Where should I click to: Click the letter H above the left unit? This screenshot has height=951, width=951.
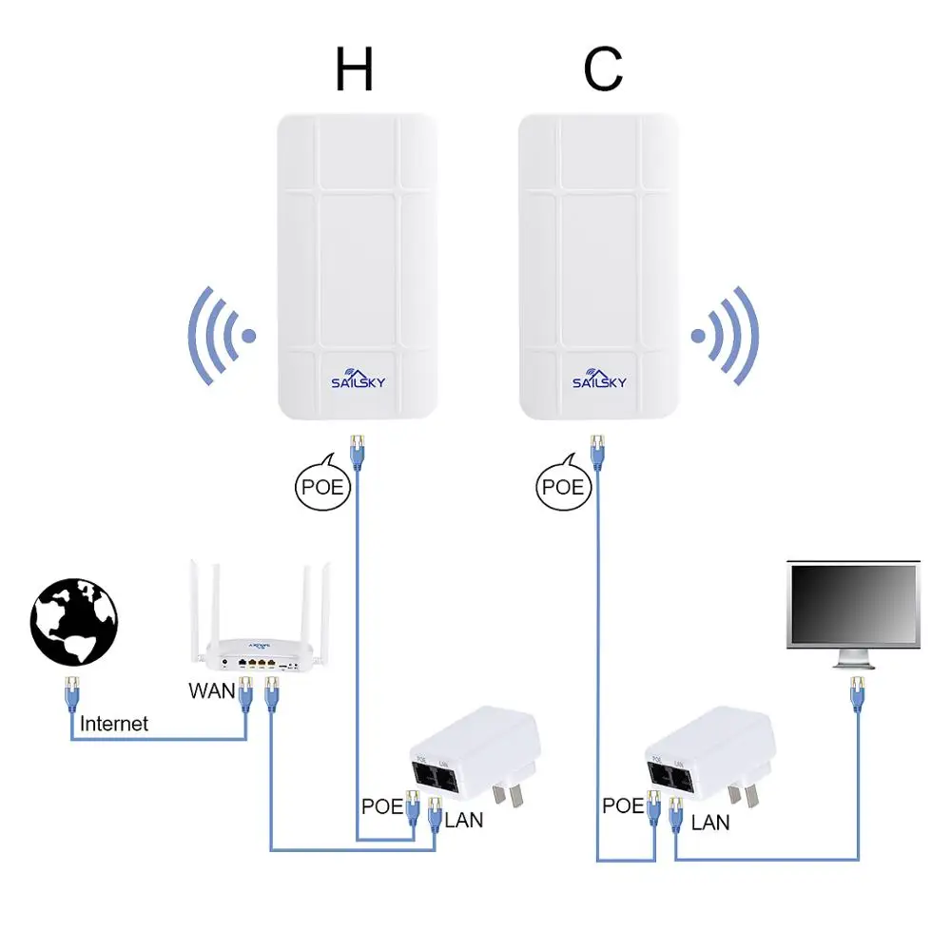(x=354, y=68)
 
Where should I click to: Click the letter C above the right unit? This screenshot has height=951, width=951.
(x=604, y=68)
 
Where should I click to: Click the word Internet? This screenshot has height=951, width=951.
(x=114, y=724)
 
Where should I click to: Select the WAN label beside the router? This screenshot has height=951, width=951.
(x=211, y=690)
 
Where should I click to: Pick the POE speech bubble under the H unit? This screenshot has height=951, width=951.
(x=321, y=487)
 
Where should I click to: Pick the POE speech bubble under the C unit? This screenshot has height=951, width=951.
(x=562, y=487)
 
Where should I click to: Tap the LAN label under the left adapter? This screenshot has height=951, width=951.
(x=464, y=819)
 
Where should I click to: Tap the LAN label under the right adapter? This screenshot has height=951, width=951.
(x=710, y=822)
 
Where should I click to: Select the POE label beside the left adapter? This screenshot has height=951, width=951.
(x=382, y=805)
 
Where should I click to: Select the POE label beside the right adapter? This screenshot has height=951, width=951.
(x=623, y=805)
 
